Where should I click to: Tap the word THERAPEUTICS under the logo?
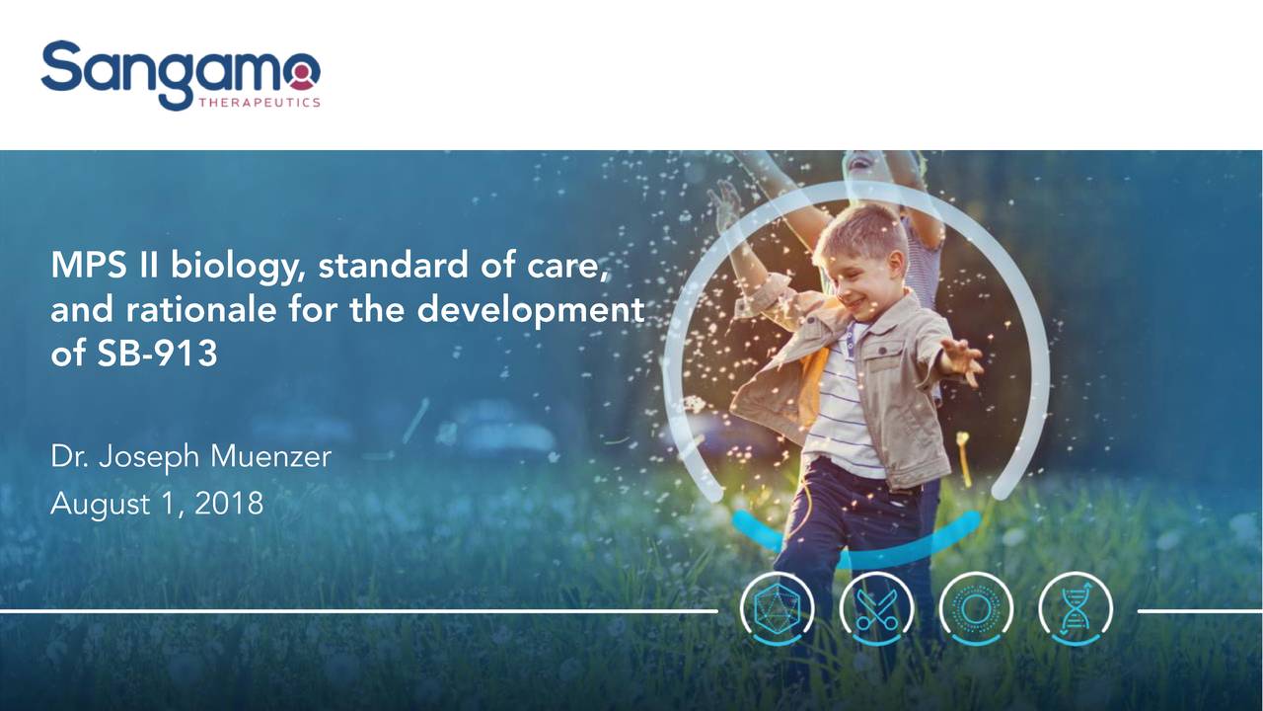(260, 103)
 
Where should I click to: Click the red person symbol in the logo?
(303, 76)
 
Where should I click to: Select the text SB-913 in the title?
(157, 354)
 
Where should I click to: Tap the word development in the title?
(531, 310)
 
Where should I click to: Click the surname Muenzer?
(270, 456)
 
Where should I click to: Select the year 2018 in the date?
(229, 504)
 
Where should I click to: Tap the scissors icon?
(877, 609)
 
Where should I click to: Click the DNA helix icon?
(1076, 609)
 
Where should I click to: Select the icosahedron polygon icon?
(777, 609)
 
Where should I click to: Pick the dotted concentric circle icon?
(976, 609)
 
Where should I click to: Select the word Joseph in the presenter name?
(148, 457)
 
